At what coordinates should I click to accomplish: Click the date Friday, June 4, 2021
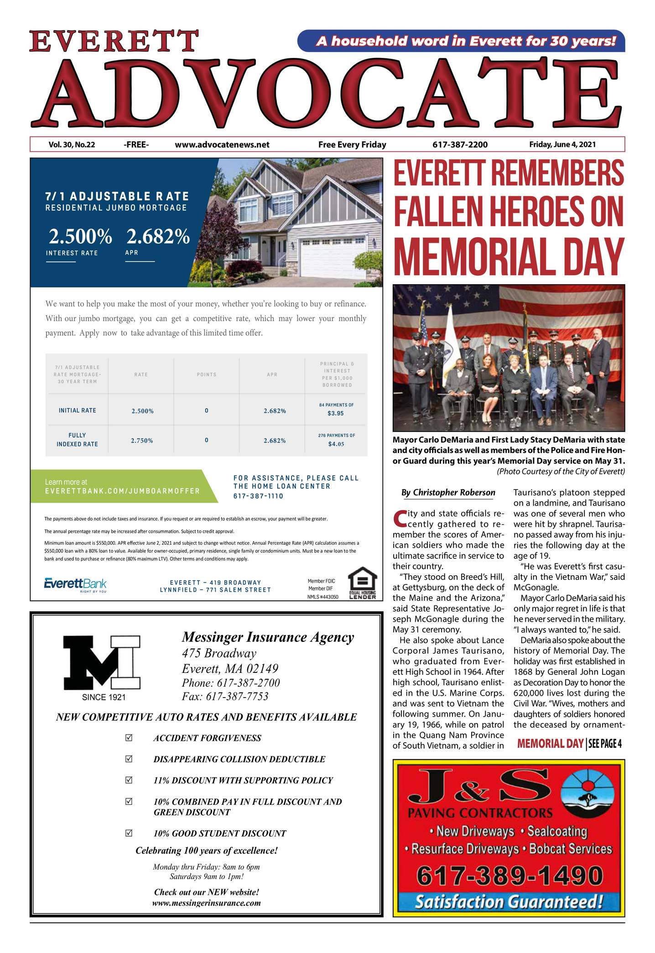point(562,145)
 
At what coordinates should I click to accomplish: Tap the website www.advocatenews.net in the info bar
point(222,145)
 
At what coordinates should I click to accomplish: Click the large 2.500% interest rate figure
point(80,237)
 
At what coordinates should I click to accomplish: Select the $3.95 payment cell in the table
point(336,413)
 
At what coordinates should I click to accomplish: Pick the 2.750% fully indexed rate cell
point(142,441)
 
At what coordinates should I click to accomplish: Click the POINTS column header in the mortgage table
point(207,375)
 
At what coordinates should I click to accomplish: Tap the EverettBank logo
point(75,584)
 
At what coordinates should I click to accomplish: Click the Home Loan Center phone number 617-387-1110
point(258,496)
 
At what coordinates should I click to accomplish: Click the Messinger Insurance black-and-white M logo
point(101,662)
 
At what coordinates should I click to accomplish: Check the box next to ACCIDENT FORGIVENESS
point(129,738)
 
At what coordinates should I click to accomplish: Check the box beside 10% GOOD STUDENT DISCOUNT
point(129,833)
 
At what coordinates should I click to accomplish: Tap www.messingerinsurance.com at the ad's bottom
point(206,903)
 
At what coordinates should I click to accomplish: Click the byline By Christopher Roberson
point(448,492)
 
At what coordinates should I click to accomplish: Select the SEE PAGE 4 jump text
point(605,744)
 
